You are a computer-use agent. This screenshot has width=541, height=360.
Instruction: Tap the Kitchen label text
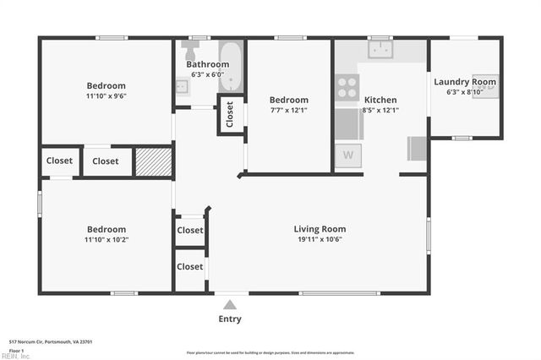pos(380,99)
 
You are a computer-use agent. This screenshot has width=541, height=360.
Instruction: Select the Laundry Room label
pos(464,82)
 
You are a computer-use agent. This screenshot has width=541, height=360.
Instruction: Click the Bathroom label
pos(207,64)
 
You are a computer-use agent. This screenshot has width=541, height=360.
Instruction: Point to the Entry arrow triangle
pos(229,303)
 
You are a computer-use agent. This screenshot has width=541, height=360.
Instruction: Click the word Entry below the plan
pos(229,319)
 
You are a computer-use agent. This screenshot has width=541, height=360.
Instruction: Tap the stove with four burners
pos(347,87)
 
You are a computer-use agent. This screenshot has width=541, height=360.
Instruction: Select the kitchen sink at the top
pos(380,49)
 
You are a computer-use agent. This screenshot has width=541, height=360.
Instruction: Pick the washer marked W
pos(347,155)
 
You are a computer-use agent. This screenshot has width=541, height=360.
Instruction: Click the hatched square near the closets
pos(153,161)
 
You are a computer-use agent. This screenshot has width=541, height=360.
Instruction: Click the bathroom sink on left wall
pos(182,86)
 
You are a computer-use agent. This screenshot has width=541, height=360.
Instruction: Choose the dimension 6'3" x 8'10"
pos(464,92)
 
